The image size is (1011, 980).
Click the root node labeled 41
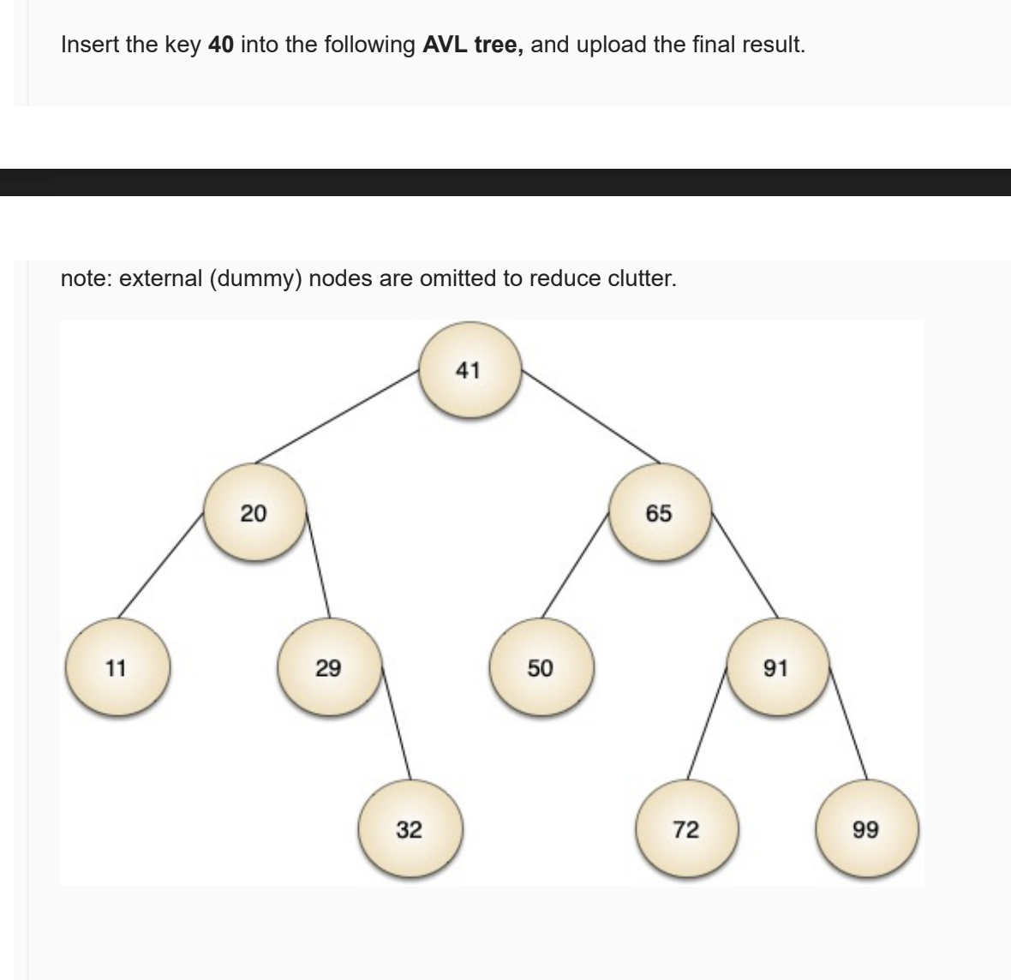tap(469, 372)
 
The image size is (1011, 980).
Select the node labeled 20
tap(254, 513)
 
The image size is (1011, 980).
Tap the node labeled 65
tap(659, 513)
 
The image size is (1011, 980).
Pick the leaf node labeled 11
tap(116, 667)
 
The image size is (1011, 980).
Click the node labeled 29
tap(327, 667)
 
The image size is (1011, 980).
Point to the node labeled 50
tap(540, 667)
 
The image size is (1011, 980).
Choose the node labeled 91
tap(775, 667)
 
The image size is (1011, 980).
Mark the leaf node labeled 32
tap(410, 829)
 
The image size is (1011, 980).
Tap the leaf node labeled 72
tap(685, 829)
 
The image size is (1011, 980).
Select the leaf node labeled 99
tap(865, 829)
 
